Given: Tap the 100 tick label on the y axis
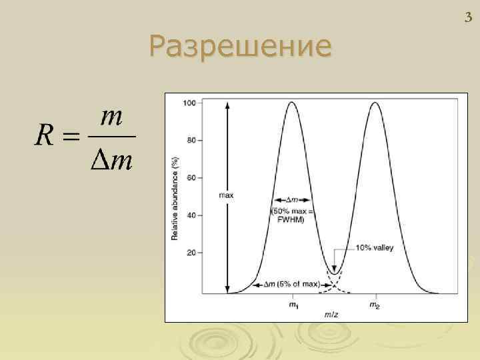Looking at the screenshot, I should pyautogui.click(x=189, y=103).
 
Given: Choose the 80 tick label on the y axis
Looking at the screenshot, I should pyautogui.click(x=191, y=141).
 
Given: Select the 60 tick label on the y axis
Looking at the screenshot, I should pyautogui.click(x=191, y=179).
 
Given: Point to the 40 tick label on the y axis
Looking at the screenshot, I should pyautogui.click(x=191, y=216).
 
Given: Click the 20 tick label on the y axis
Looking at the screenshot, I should pyautogui.click(x=191, y=253).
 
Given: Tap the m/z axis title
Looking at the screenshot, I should pyautogui.click(x=331, y=313).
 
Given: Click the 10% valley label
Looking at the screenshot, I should pyautogui.click(x=375, y=247).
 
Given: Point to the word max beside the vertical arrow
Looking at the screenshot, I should pyautogui.click(x=226, y=195).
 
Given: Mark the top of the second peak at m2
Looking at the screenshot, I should pyautogui.click(x=375, y=103).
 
